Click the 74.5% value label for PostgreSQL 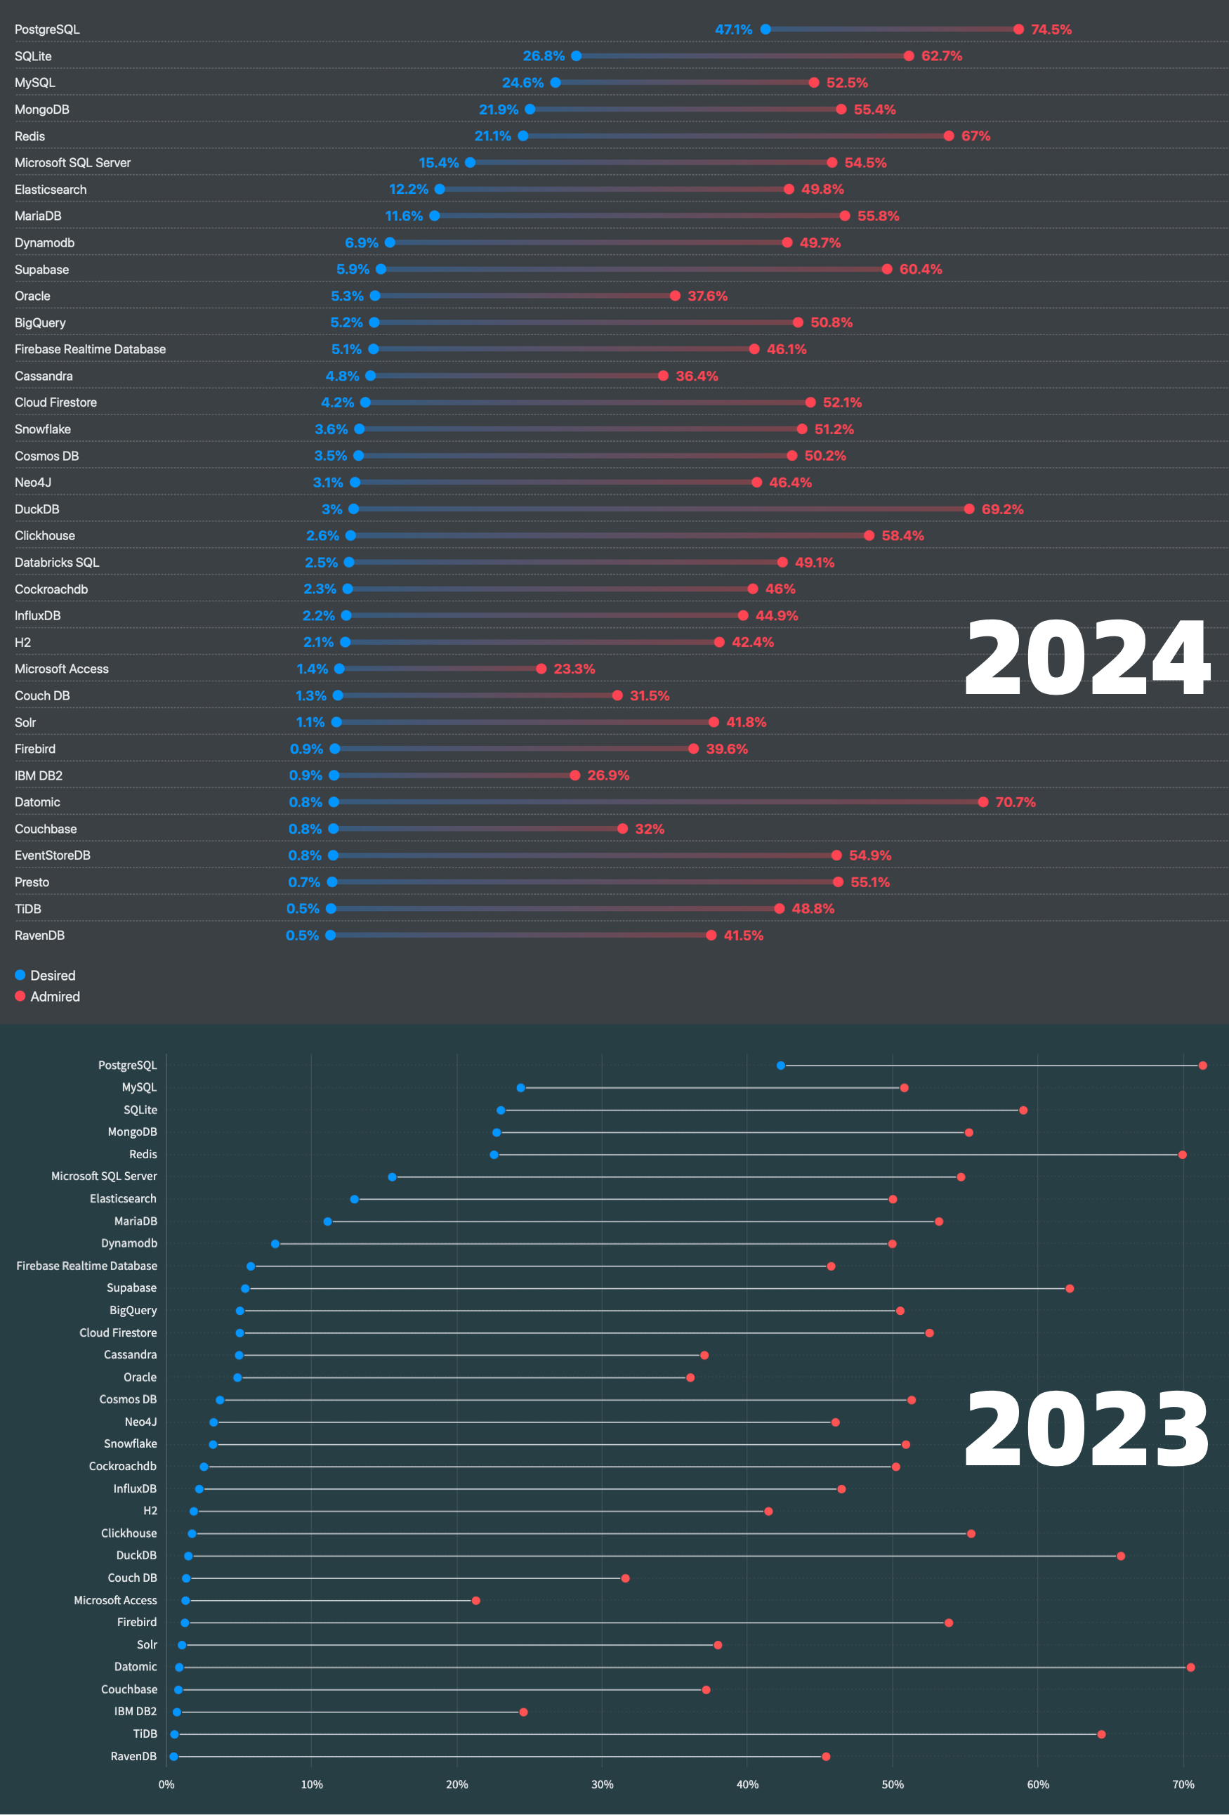[1051, 30]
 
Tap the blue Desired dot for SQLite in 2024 [577, 56]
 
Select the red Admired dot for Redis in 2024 [949, 136]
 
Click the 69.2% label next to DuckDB [1001, 509]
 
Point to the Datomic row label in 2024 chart [37, 802]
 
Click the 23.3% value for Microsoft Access [574, 669]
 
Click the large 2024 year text [1087, 657]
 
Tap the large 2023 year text [1087, 1429]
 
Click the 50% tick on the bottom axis [893, 1785]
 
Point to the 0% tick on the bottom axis [166, 1785]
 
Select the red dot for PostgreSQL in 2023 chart [1202, 1066]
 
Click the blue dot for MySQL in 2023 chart [521, 1088]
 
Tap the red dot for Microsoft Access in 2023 [475, 1601]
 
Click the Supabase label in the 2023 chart [131, 1287]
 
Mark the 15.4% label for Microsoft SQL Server [438, 163]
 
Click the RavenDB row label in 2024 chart [40, 936]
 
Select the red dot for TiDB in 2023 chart [1101, 1734]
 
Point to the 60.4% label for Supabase [921, 270]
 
